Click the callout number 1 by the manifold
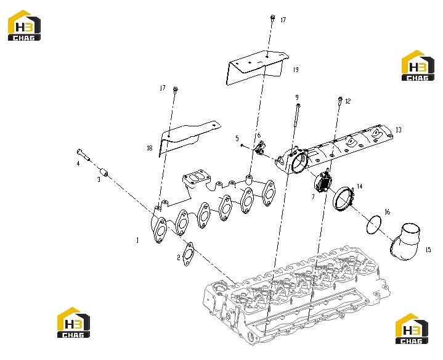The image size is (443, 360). tap(137, 240)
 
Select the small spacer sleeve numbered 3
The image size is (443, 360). tap(105, 172)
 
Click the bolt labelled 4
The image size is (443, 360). tap(83, 154)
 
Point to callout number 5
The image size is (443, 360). tap(237, 138)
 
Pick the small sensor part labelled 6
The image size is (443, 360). tap(260, 149)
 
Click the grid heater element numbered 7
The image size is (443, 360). tap(322, 183)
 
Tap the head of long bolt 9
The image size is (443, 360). tap(298, 105)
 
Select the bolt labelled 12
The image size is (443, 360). tap(340, 99)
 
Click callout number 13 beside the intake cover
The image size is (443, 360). tap(399, 129)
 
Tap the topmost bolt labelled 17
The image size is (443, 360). tap(272, 17)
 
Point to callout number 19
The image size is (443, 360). tap(296, 70)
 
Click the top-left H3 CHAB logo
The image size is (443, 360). tap(24, 25)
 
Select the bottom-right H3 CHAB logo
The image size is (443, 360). tap(412, 329)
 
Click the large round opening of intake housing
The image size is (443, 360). tap(299, 163)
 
